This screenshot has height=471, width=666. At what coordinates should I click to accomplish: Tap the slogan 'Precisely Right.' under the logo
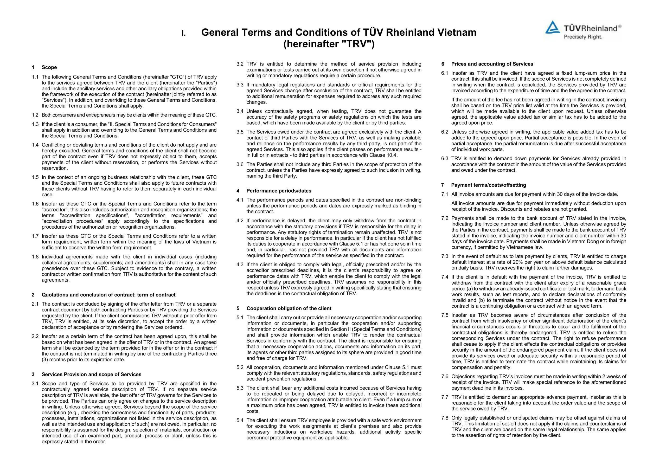583,37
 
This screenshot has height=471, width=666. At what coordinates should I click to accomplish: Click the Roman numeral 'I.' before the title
183,33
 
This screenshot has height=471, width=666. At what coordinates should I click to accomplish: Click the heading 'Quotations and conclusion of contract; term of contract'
108,295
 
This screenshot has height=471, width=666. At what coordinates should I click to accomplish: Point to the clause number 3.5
240,132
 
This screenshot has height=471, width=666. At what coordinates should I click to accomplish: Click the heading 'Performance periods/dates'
279,191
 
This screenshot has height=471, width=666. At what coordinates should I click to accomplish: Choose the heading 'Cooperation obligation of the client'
289,308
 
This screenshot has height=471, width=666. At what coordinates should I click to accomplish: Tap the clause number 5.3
240,388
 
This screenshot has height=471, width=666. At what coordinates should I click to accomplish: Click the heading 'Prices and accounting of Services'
492,64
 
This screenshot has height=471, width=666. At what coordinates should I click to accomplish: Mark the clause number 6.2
445,132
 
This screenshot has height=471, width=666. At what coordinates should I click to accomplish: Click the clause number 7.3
445,256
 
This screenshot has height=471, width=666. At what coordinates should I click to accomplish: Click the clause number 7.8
445,418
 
